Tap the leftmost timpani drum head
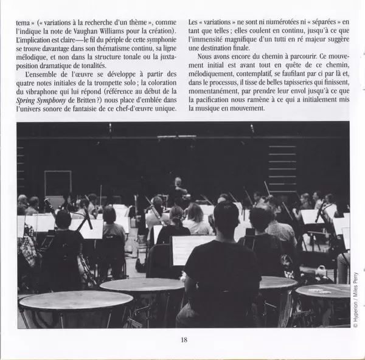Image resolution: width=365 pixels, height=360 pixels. point(75,300)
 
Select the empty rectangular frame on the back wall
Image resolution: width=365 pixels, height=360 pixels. point(58,182)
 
